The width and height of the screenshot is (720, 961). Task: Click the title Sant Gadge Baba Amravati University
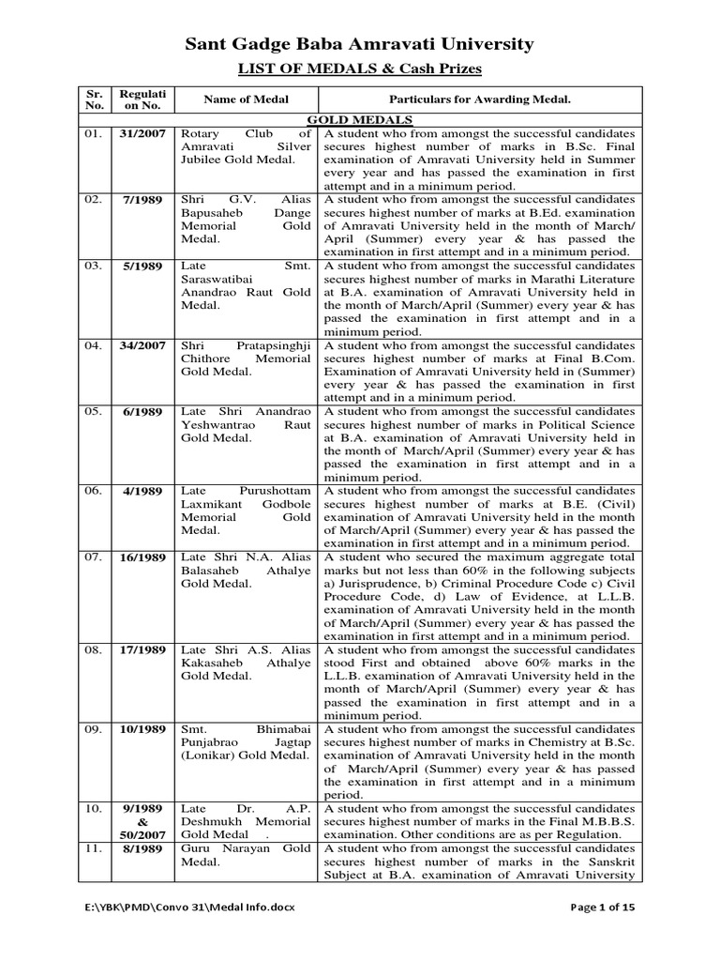[x=359, y=43]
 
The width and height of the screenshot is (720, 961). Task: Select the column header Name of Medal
[x=247, y=99]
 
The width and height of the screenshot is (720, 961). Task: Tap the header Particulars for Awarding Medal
[x=480, y=99]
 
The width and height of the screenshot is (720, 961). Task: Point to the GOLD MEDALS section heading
[x=359, y=120]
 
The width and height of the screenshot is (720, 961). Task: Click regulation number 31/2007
[x=142, y=134]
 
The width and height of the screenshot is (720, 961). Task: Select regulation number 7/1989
[x=142, y=201]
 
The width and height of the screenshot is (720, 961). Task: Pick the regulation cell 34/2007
[x=142, y=346]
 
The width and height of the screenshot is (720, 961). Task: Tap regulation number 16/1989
[x=142, y=557]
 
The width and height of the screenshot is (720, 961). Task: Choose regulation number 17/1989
[x=142, y=650]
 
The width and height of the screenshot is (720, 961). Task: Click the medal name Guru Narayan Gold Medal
[x=244, y=856]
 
